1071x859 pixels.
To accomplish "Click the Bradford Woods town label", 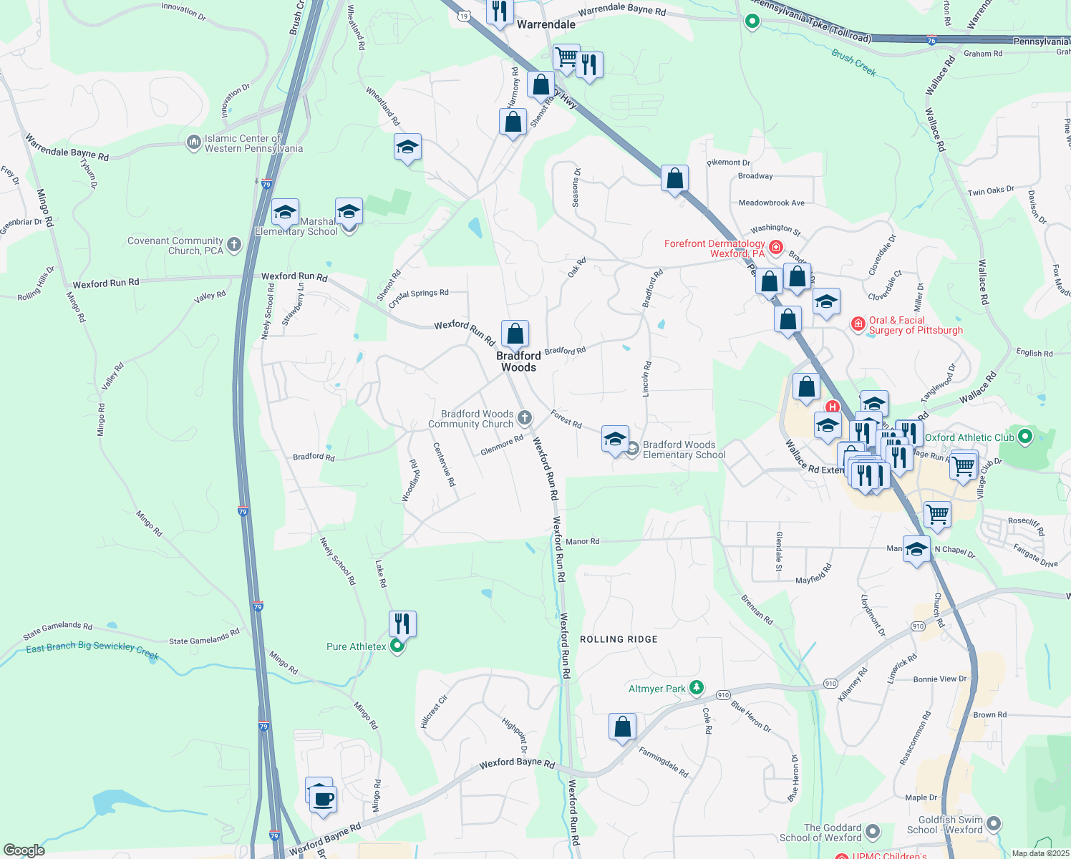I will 518,361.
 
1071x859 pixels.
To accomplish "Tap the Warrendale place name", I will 546,24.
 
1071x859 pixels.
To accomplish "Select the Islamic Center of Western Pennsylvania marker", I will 193,142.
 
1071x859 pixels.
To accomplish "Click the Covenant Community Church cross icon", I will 234,246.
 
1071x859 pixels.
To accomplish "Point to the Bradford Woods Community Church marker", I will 525,418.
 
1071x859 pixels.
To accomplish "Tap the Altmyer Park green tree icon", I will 696,688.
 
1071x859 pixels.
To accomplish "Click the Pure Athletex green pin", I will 397,646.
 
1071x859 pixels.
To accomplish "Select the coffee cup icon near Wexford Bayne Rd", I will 324,798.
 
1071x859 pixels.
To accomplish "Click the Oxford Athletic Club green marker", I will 1024,436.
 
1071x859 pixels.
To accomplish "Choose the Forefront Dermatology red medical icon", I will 776,248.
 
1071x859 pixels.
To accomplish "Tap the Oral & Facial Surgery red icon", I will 858,324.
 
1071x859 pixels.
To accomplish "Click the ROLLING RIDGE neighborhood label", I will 619,639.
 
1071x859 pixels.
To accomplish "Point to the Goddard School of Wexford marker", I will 872,832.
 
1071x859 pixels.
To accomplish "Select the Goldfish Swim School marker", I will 993,824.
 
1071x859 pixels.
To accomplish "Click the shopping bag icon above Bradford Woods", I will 515,334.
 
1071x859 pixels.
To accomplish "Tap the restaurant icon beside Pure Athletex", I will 402,623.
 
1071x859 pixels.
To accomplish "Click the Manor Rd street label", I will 583,541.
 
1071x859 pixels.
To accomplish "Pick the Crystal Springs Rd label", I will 419,297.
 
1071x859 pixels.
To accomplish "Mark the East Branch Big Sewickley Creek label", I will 92,648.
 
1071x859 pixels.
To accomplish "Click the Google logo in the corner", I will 24,850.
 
